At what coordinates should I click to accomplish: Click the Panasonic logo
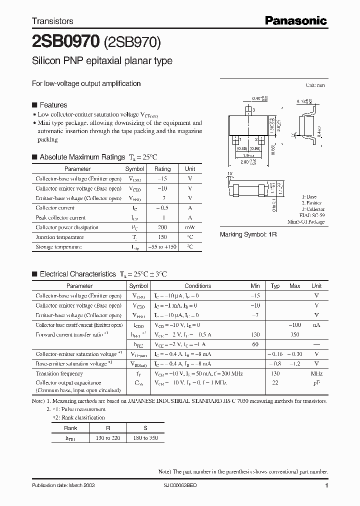(x=295, y=20)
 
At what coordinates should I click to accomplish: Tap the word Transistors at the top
(x=52, y=21)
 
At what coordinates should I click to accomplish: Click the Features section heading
(x=53, y=105)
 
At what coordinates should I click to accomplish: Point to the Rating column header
(x=162, y=169)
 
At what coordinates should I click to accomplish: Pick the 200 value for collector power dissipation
(x=162, y=227)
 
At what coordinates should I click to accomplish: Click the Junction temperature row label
(x=59, y=237)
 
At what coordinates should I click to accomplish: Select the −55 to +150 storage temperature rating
(x=162, y=247)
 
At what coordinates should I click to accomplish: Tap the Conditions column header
(x=197, y=286)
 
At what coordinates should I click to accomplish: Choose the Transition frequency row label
(x=59, y=373)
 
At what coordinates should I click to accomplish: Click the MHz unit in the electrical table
(x=316, y=373)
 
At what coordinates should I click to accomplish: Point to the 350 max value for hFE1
(x=295, y=334)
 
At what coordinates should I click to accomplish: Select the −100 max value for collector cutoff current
(x=295, y=325)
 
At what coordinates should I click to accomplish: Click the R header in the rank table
(x=108, y=428)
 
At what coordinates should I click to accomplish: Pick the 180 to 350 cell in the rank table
(x=145, y=438)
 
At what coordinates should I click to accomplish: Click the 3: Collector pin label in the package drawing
(x=313, y=209)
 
